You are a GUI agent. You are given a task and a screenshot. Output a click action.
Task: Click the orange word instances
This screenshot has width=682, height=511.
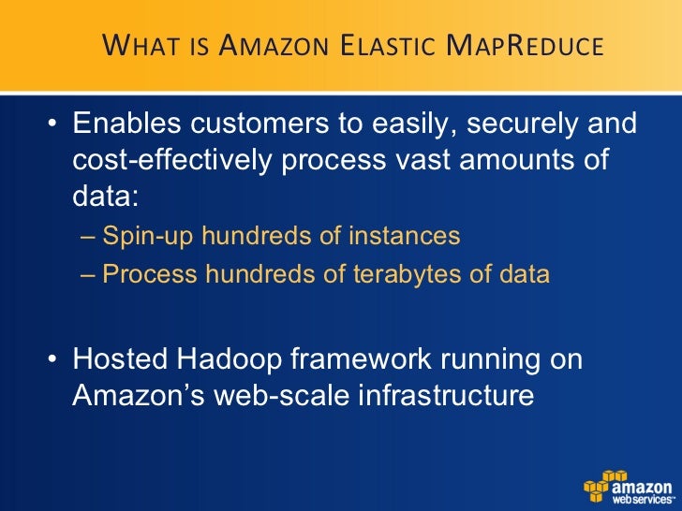404,236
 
